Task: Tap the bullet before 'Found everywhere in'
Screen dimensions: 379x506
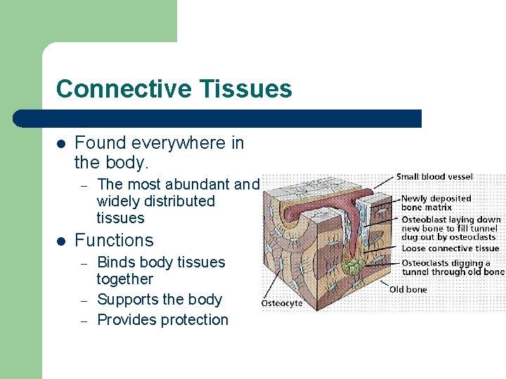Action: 61,143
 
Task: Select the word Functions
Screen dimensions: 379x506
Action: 114,240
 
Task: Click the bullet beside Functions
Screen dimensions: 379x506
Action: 61,241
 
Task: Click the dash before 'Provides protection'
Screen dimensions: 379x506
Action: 83,321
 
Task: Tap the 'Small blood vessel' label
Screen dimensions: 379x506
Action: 434,177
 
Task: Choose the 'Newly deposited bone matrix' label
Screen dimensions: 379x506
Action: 436,203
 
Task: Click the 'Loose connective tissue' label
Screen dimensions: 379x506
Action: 450,248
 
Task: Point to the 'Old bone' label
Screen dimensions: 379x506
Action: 409,289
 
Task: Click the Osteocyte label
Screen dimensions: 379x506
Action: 282,303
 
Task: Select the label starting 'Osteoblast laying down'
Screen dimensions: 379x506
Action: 450,228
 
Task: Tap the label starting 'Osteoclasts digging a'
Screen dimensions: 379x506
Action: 452,267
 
